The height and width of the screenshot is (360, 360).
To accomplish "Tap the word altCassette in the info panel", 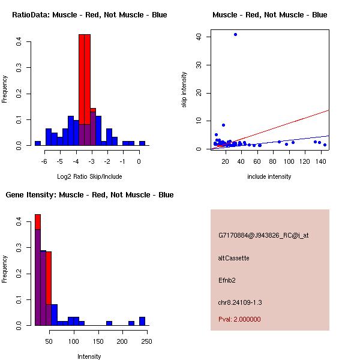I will (x=233, y=258).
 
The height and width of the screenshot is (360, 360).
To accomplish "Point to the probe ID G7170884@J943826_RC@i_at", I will (x=263, y=236).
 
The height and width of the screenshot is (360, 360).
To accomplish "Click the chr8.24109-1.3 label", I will (x=240, y=302).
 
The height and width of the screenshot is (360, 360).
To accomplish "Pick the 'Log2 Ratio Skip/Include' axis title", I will (x=89, y=176).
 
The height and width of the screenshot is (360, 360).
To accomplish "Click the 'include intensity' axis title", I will (x=269, y=176).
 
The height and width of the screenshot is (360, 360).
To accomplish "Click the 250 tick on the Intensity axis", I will (x=146, y=341).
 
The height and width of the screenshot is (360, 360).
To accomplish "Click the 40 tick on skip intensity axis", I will (x=198, y=37).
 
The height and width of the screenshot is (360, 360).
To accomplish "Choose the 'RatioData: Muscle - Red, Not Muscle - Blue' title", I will (x=89, y=15).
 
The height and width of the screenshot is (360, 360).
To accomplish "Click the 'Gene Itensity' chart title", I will (x=89, y=195).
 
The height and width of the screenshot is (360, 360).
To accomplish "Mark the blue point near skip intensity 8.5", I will (x=223, y=125).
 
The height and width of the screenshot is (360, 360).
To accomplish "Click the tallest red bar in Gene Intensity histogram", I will (x=37, y=269).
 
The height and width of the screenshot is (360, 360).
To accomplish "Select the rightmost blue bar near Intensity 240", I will (x=142, y=321).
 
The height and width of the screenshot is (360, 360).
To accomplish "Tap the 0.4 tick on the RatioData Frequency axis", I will (x=20, y=42).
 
